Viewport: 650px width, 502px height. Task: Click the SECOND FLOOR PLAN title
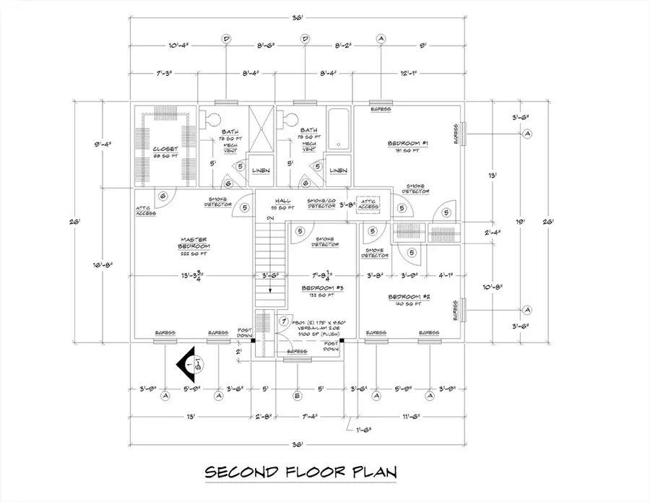[x=302, y=473]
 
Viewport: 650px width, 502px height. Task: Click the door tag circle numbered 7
[x=284, y=321]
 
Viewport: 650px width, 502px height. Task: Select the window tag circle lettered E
[x=297, y=395]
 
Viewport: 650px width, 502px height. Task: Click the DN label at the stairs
[x=269, y=218]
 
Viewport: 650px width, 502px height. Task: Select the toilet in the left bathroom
[x=212, y=119]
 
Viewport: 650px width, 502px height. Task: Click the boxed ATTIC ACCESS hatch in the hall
[x=368, y=205]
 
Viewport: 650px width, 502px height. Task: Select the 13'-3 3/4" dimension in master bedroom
[x=193, y=275]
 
